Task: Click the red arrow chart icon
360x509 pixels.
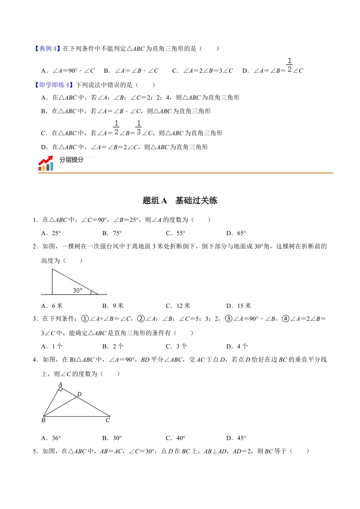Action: pyautogui.click(x=45, y=163)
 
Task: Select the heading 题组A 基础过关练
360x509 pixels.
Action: pyautogui.click(x=180, y=200)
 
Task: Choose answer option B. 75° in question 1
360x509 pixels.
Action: pyautogui.click(x=112, y=233)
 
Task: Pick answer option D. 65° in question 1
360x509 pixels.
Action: pyautogui.click(x=236, y=233)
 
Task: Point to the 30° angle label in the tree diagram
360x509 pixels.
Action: pyautogui.click(x=77, y=290)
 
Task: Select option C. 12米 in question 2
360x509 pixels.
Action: pyautogui.click(x=178, y=306)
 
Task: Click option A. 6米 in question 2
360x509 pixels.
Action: pyautogui.click(x=52, y=306)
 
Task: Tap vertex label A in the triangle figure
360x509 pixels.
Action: pyautogui.click(x=60, y=385)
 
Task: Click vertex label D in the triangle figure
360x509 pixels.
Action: pyautogui.click(x=79, y=394)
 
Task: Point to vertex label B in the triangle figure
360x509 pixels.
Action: pyautogui.click(x=43, y=420)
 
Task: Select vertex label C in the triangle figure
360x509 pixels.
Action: pyautogui.click(x=108, y=420)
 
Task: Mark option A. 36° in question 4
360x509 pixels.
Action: pyautogui.click(x=51, y=438)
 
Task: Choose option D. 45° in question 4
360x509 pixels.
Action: pyautogui.click(x=236, y=438)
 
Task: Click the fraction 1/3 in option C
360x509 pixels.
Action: pyautogui.click(x=139, y=128)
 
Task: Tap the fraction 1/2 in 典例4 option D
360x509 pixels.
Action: pyautogui.click(x=290, y=65)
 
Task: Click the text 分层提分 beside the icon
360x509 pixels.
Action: pyautogui.click(x=71, y=160)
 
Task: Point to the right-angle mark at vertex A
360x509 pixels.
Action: pyautogui.click(x=61, y=389)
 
